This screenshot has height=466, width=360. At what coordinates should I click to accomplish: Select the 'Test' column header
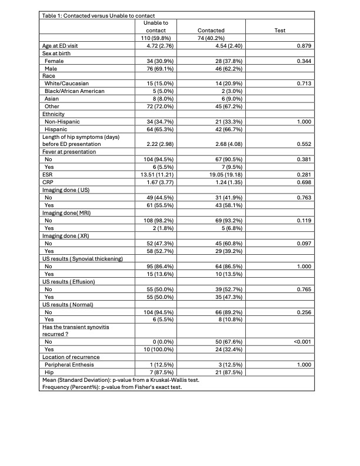click(x=280, y=30)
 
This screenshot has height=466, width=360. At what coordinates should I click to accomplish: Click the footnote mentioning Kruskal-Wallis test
click(x=120, y=380)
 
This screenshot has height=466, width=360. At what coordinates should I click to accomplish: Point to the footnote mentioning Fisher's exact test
click(x=111, y=387)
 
